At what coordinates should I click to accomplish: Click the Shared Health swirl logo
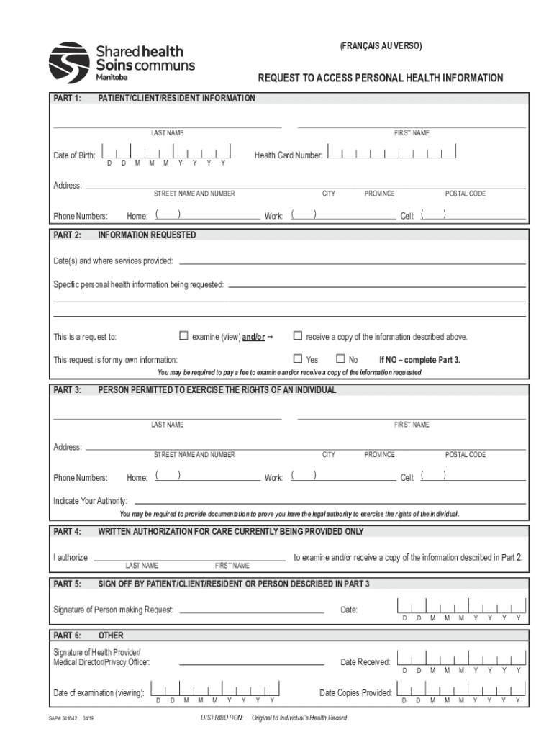coord(69,63)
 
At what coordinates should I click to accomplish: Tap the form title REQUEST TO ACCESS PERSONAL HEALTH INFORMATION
coord(381,78)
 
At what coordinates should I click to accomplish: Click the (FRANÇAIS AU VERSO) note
coord(381,47)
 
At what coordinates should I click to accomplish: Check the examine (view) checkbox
coord(183,335)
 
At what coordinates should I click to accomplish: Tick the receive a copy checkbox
coord(297,335)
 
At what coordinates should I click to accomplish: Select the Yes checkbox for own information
coord(297,358)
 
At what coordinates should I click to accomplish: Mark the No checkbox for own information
coord(340,358)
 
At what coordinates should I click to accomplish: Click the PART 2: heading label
coord(68,235)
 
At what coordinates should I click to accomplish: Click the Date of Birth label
coord(74,155)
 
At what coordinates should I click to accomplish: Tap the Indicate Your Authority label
coord(91,501)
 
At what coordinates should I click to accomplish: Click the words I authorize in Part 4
coord(71,558)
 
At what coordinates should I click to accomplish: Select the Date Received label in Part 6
coord(365,662)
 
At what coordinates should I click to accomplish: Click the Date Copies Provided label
coord(356,693)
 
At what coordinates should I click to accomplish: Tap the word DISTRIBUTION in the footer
coord(222,718)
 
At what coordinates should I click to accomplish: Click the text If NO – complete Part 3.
coord(419,359)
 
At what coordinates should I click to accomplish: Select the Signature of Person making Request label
coord(114,610)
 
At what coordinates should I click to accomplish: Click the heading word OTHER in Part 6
coord(111,636)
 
